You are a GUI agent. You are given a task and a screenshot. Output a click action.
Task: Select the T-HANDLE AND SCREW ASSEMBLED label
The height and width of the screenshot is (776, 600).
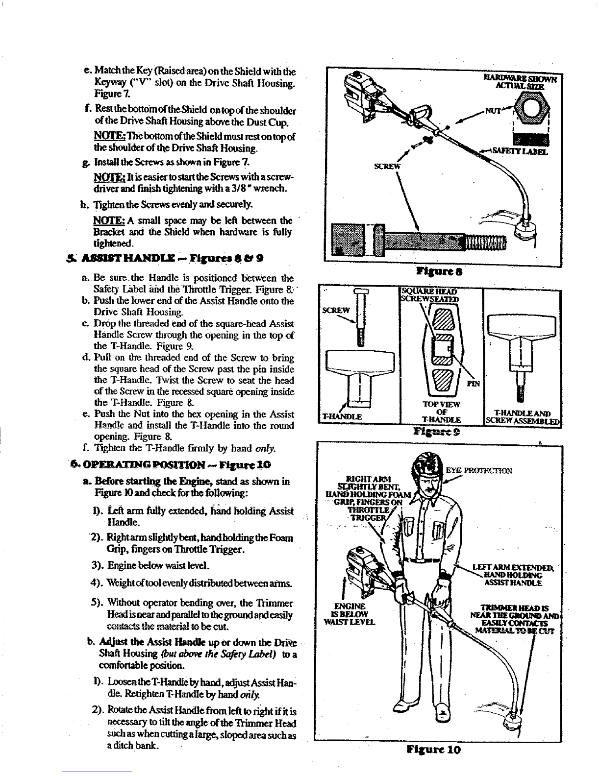pos(523,416)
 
